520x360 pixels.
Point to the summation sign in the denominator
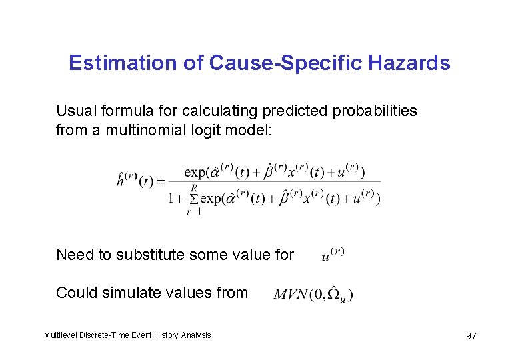pos(194,199)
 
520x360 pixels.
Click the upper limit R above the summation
pos(194,189)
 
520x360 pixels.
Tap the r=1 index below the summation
pos(194,211)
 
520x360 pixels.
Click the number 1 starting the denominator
pos(172,199)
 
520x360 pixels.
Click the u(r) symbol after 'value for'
pos(332,254)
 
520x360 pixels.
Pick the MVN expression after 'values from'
pos(313,294)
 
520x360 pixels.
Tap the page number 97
pos(471,335)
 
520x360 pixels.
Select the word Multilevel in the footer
pos(61,335)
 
